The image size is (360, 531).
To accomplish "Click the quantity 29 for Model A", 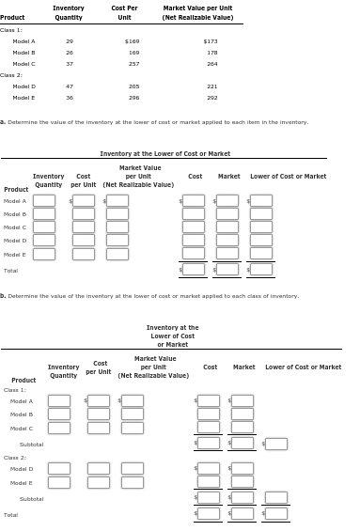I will point(70,41).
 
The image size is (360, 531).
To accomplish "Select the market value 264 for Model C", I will point(211,64).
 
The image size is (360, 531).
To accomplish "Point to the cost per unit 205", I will point(133,86).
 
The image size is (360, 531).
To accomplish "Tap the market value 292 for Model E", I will point(211,98).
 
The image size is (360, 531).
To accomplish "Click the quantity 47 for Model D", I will point(70,86).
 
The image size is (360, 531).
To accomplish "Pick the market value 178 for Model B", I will point(211,53).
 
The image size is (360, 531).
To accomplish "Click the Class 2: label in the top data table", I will point(11,75).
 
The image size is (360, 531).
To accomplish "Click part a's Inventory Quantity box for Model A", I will point(44,200).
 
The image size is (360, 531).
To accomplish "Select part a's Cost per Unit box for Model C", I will point(84,227).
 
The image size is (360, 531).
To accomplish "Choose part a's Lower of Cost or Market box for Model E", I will point(261,254).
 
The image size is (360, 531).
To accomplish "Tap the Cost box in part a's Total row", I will point(194,270).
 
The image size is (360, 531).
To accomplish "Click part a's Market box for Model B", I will point(227,213).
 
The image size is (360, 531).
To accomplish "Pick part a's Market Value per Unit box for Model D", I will point(117,241).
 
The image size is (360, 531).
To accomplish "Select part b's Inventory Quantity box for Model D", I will point(59,468).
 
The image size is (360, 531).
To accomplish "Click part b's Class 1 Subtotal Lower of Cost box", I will point(276,444).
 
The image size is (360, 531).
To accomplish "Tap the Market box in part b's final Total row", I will point(243,513).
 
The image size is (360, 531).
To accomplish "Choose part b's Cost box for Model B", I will point(209,414).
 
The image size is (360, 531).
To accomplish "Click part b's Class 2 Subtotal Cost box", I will point(209,498).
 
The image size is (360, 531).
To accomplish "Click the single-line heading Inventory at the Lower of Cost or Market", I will point(165,153).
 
